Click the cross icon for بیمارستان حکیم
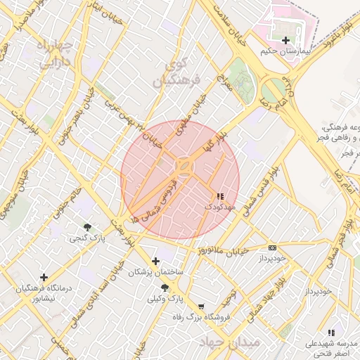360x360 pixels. click(285, 40)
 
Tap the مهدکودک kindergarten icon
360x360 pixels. click(220, 196)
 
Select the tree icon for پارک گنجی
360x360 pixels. click(87, 227)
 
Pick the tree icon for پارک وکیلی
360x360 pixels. click(165, 288)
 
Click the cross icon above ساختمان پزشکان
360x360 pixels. click(155, 262)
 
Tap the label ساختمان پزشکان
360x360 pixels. click(155, 272)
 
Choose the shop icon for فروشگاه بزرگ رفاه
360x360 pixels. click(202, 307)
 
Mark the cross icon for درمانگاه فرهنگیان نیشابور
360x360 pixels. click(44, 278)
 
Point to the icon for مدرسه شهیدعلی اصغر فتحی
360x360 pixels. click(330, 333)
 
